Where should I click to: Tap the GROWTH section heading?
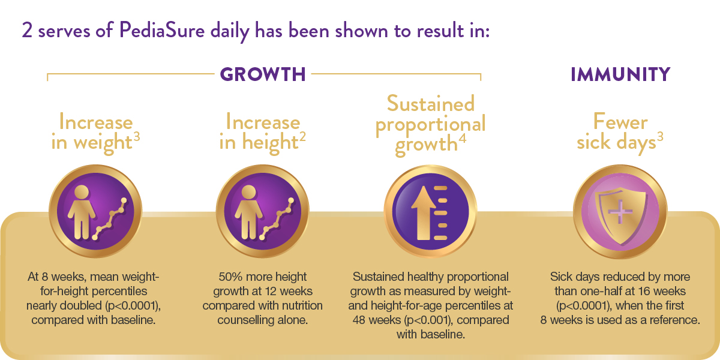(x=263, y=74)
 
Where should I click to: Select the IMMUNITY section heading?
(x=620, y=74)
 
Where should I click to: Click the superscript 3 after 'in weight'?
(x=137, y=137)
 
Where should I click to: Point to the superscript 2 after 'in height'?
(x=302, y=137)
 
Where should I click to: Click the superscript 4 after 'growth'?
(x=462, y=138)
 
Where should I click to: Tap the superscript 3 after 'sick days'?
(x=660, y=137)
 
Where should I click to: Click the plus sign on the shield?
(x=620, y=212)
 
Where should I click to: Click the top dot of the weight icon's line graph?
(x=124, y=200)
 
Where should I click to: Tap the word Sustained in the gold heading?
(x=431, y=103)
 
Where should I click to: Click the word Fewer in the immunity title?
(x=620, y=122)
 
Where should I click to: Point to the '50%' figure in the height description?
(x=229, y=277)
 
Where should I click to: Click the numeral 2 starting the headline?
(x=28, y=31)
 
